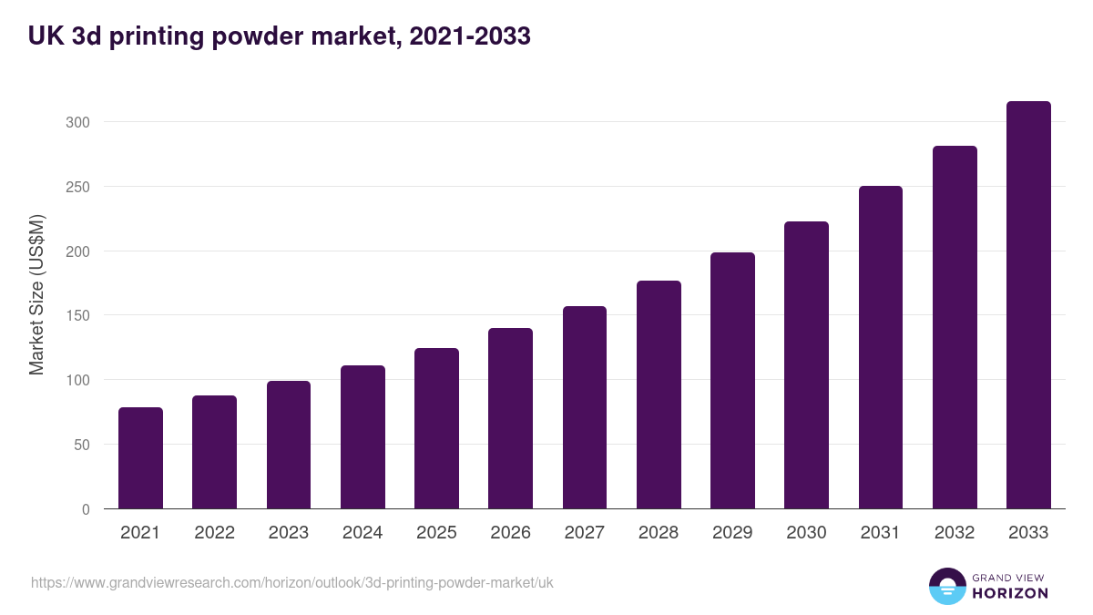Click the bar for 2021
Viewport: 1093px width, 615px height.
point(140,458)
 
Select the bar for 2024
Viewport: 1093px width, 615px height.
point(363,437)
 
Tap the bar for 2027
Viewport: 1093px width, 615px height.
point(585,407)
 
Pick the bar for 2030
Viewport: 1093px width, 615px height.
point(806,365)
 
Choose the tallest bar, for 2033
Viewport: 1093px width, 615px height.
point(1028,305)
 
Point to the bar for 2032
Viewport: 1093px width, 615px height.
point(955,327)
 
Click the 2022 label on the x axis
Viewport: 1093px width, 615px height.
point(214,533)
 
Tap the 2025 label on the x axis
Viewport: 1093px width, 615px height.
point(436,533)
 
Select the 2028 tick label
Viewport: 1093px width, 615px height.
point(659,533)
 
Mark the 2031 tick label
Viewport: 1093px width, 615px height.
point(881,533)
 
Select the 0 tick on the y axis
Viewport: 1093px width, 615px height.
point(86,509)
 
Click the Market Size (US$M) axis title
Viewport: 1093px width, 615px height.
point(36,294)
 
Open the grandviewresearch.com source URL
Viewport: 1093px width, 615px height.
point(291,582)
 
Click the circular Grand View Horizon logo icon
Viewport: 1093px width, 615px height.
point(946,586)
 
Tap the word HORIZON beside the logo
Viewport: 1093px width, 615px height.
point(1009,593)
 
